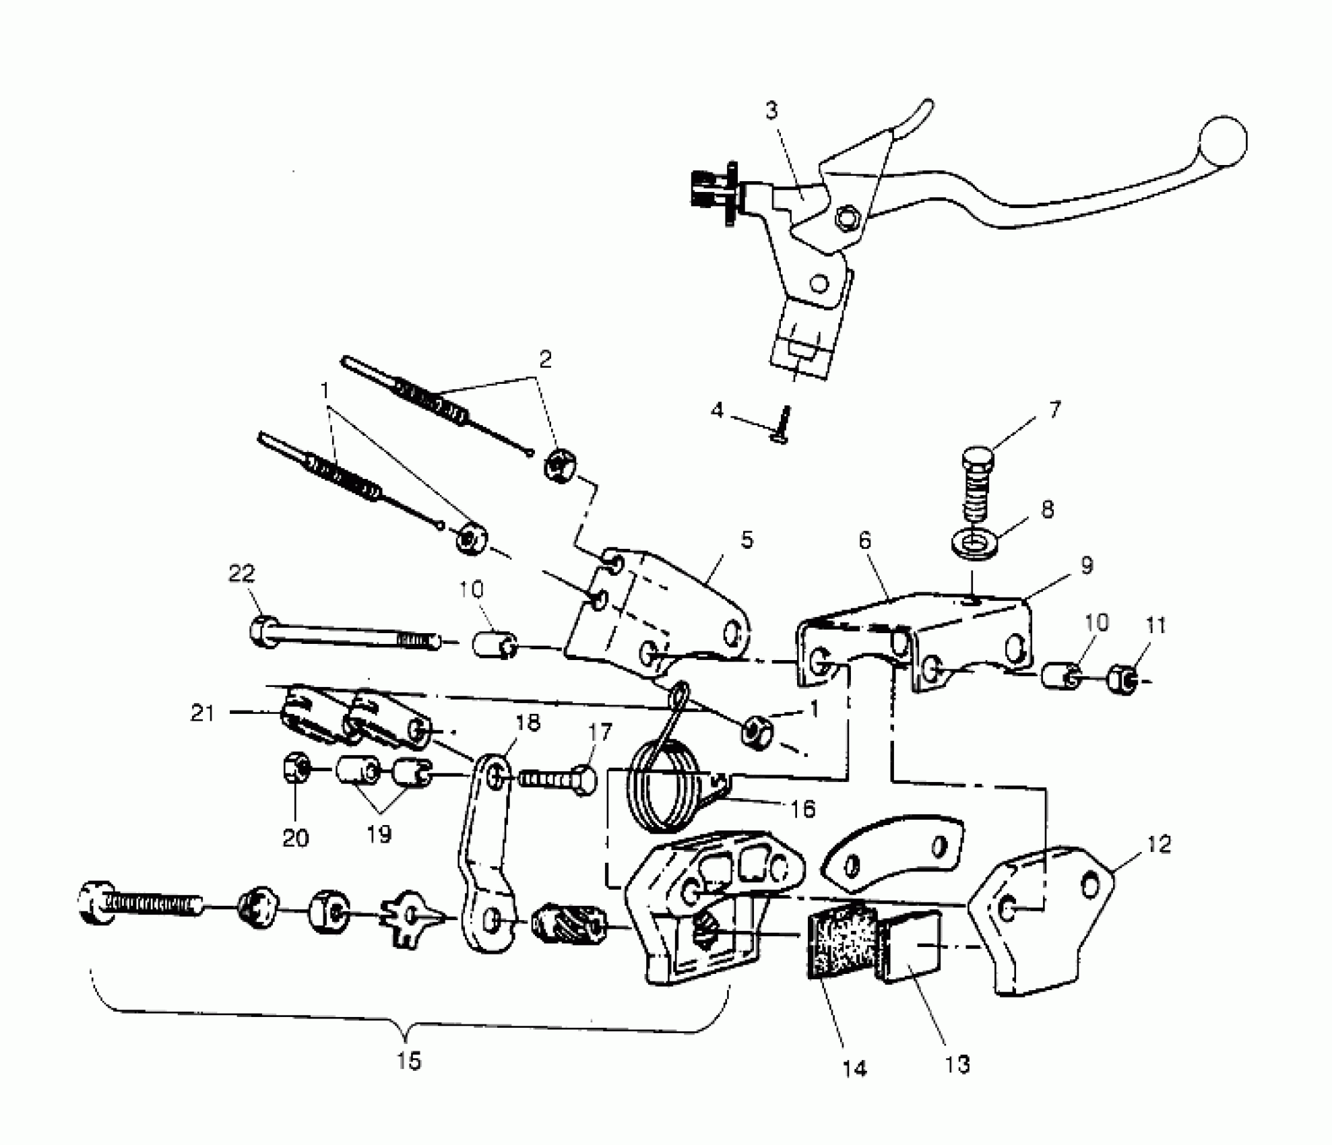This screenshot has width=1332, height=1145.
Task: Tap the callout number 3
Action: click(x=771, y=110)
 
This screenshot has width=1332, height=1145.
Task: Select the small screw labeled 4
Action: click(x=783, y=424)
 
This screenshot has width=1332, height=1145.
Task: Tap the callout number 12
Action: click(x=1158, y=844)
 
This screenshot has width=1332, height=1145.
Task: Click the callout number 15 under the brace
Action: click(x=409, y=1061)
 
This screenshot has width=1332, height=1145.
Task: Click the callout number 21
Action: click(x=202, y=713)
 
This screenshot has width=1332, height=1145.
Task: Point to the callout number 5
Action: click(x=747, y=540)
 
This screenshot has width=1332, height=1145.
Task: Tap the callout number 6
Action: click(x=865, y=540)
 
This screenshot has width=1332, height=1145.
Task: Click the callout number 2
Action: click(x=545, y=359)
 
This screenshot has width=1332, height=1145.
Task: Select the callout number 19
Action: click(x=379, y=834)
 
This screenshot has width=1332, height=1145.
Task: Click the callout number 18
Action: click(x=528, y=723)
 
